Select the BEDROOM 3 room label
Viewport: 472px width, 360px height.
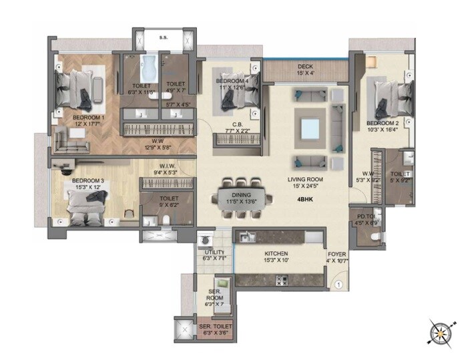pyautogui.click(x=87, y=181)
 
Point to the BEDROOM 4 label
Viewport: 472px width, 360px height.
pyautogui.click(x=232, y=81)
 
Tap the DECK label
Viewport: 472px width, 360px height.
pyautogui.click(x=305, y=66)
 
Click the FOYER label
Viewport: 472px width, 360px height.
pyautogui.click(x=336, y=254)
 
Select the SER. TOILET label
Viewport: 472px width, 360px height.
pyautogui.click(x=214, y=327)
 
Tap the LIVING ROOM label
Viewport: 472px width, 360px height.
pyautogui.click(x=306, y=180)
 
